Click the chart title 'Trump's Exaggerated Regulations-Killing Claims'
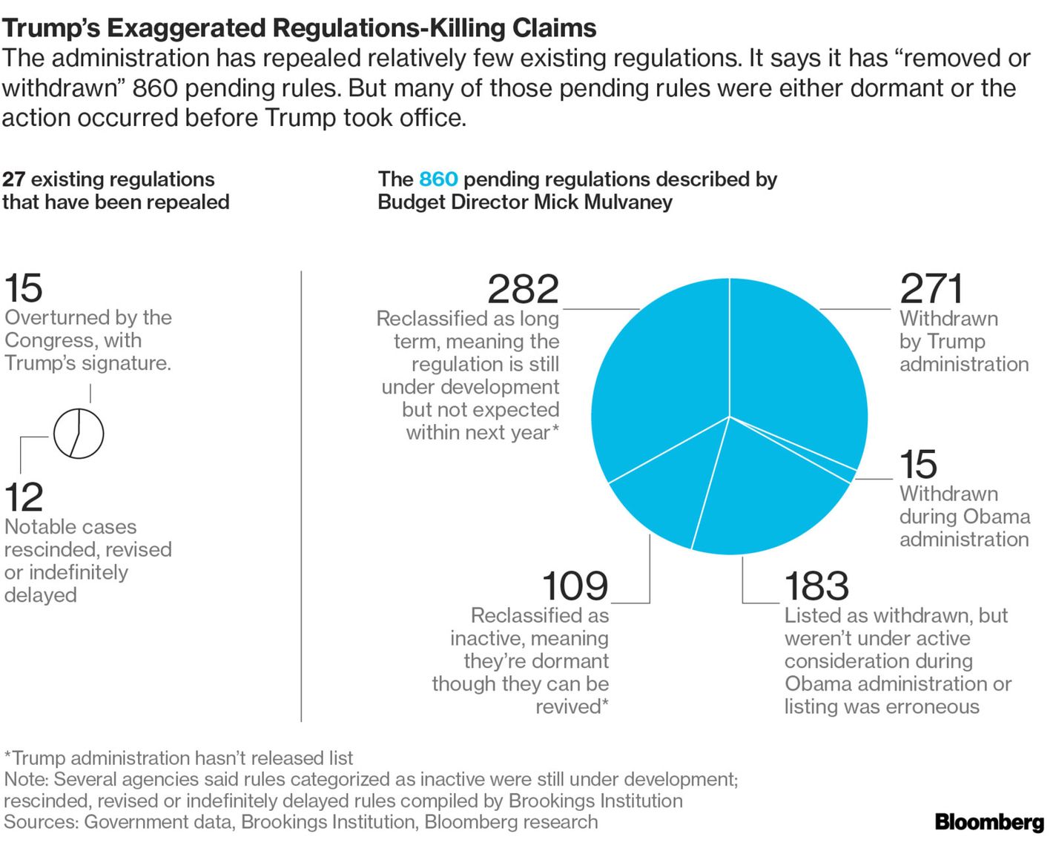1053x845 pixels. pos(299,28)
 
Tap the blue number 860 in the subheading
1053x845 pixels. pos(438,179)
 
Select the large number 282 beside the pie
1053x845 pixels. pos(523,289)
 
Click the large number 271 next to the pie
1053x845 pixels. pos(931,289)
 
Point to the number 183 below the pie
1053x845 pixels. pos(816,586)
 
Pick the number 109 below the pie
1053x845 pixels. pos(575,586)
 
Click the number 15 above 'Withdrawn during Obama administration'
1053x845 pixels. pos(918,465)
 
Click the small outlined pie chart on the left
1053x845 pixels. pos(79,433)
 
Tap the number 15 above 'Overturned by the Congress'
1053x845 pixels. pos(24,288)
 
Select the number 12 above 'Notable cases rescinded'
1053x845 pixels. pos(24,497)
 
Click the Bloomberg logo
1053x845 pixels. pos(989,821)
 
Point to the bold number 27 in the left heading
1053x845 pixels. pos(13,179)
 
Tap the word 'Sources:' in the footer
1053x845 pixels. pos(41,822)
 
